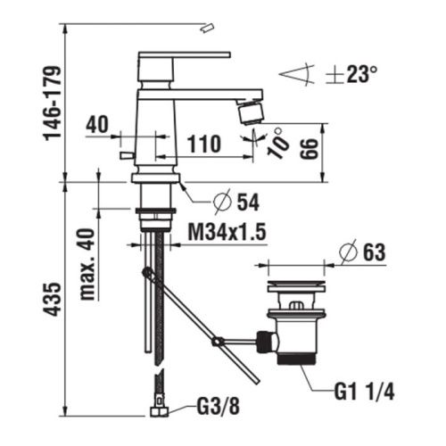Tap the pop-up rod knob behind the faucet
pos(123,160)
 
